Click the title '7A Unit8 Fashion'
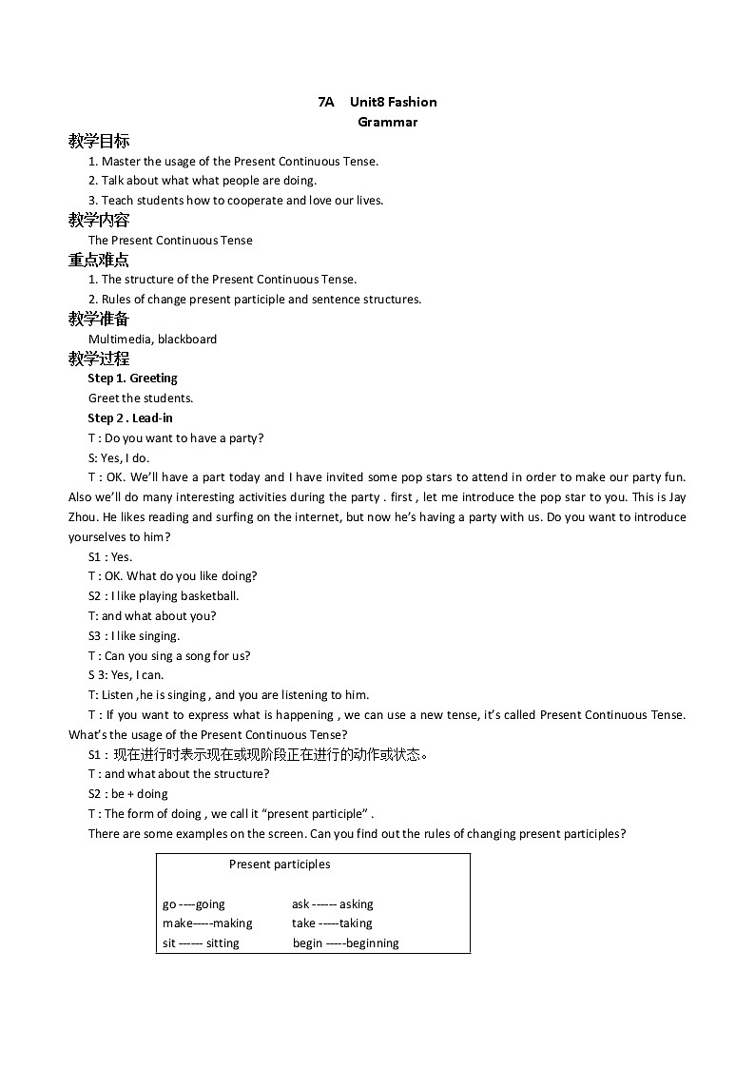point(377,102)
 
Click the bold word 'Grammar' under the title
point(387,122)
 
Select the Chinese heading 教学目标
point(99,141)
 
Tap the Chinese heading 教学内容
point(99,220)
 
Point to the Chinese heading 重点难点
point(99,260)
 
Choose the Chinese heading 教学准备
point(99,319)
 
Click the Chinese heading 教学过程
point(99,359)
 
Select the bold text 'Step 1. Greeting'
point(132,378)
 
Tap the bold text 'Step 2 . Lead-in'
point(130,417)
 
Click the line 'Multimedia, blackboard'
point(152,339)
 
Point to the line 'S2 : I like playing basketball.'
point(164,596)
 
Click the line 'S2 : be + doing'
point(127,793)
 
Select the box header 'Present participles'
point(280,864)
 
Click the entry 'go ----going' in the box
point(194,904)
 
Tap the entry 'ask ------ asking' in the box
point(332,904)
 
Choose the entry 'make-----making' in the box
point(207,923)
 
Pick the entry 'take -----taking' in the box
point(332,923)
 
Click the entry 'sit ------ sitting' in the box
point(201,943)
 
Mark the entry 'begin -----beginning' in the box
point(345,943)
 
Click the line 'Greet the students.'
point(141,398)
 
